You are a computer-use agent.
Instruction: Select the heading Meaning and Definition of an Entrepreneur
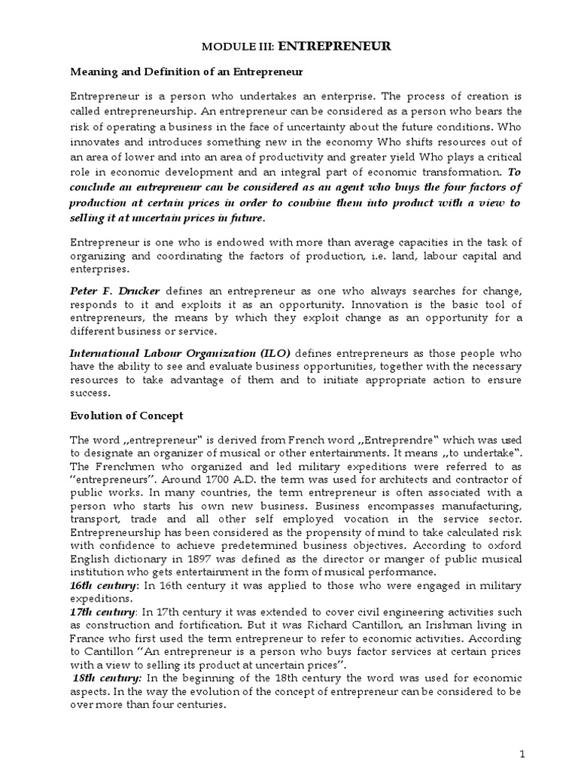(x=186, y=72)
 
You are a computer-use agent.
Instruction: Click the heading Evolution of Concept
(x=126, y=416)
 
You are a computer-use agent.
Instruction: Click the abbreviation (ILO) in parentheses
(x=274, y=352)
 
